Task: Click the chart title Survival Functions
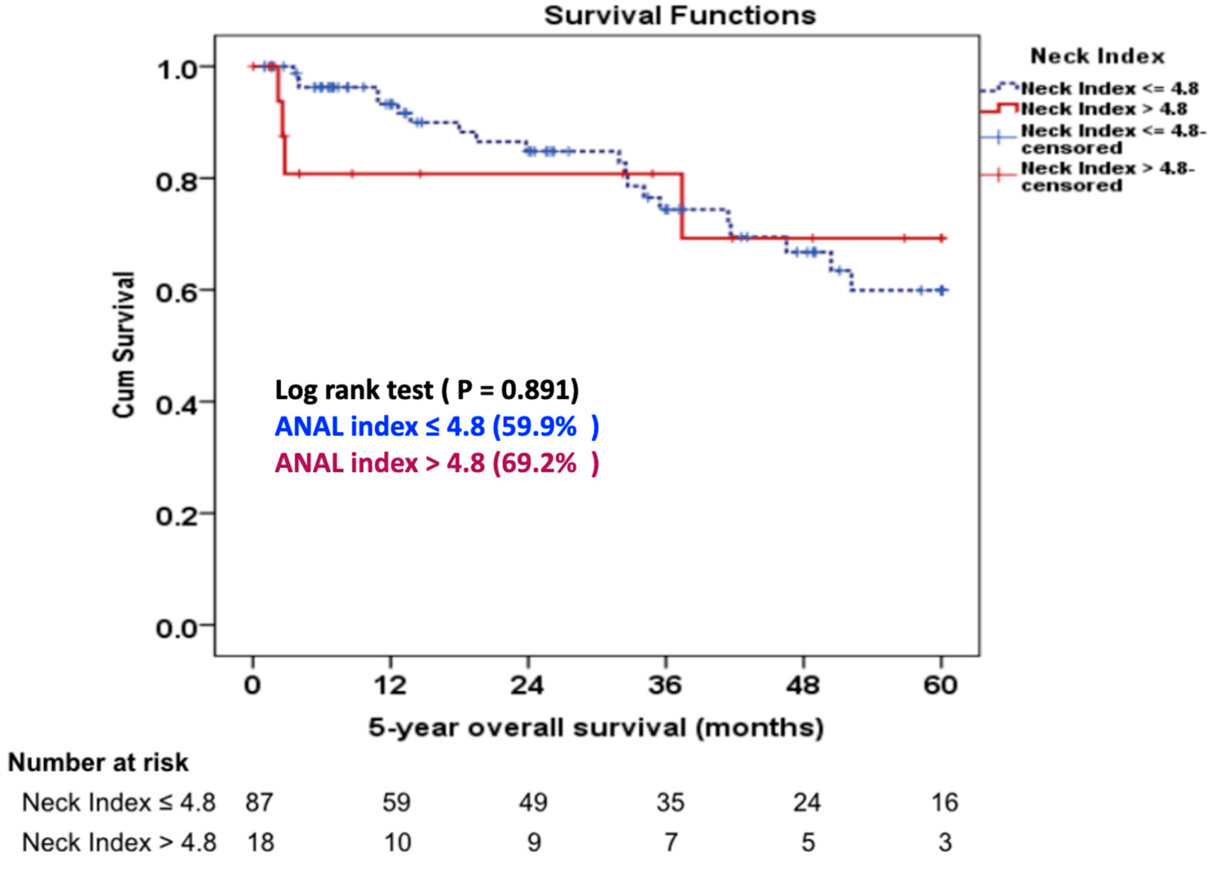680,16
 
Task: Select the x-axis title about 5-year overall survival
596,728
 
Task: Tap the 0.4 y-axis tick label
176,405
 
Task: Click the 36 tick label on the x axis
665,685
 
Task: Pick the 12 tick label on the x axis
390,685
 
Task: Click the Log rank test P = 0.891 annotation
427,390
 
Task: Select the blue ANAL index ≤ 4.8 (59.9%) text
437,426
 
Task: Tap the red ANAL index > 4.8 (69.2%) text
437,463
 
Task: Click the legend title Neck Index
1097,56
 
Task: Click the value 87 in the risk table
259,802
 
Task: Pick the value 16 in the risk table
945,802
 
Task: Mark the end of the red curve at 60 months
943,238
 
